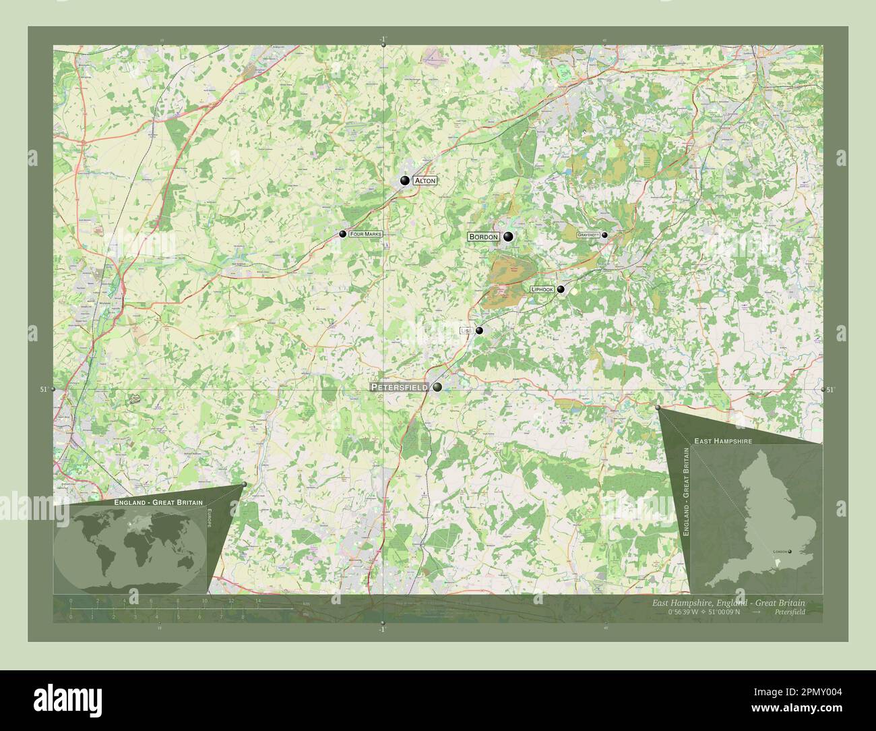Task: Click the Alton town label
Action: tap(425, 181)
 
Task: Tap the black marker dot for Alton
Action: tap(404, 180)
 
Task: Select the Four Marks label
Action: tap(365, 234)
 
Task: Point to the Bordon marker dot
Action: tap(508, 237)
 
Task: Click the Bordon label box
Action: tap(484, 237)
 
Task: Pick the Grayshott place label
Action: tap(588, 235)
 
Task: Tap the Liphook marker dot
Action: tap(561, 289)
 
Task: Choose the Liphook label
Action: tap(542, 289)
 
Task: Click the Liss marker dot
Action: tap(479, 330)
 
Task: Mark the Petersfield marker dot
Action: tap(437, 387)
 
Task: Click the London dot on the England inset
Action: tap(790, 552)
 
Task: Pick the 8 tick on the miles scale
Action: tap(241, 616)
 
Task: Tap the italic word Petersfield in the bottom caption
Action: tap(789, 612)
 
